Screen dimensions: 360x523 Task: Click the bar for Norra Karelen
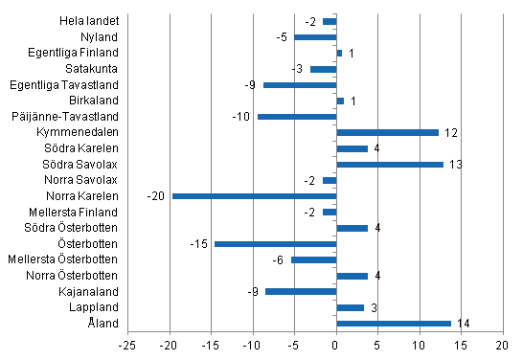pyautogui.click(x=254, y=196)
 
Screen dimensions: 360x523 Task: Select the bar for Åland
pyautogui.click(x=394, y=324)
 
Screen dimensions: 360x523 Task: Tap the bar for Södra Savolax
pyautogui.click(x=390, y=164)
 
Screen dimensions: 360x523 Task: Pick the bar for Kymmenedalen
pyautogui.click(x=387, y=132)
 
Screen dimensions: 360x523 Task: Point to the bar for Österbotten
pyautogui.click(x=275, y=244)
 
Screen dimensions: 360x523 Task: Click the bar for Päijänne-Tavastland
pyautogui.click(x=297, y=117)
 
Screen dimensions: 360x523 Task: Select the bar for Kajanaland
pyautogui.click(x=301, y=291)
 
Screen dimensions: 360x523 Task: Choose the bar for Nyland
pyautogui.click(x=315, y=36)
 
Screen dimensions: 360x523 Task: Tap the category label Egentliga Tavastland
pyautogui.click(x=71, y=84)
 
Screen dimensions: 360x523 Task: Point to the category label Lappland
pyautogui.click(x=98, y=307)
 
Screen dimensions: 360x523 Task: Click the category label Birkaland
pyautogui.click(x=96, y=101)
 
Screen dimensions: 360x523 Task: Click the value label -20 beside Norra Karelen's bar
pyautogui.click(x=156, y=196)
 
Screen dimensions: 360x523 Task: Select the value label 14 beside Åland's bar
pyautogui.click(x=462, y=324)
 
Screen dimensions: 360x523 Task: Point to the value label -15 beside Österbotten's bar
pyautogui.click(x=199, y=244)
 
